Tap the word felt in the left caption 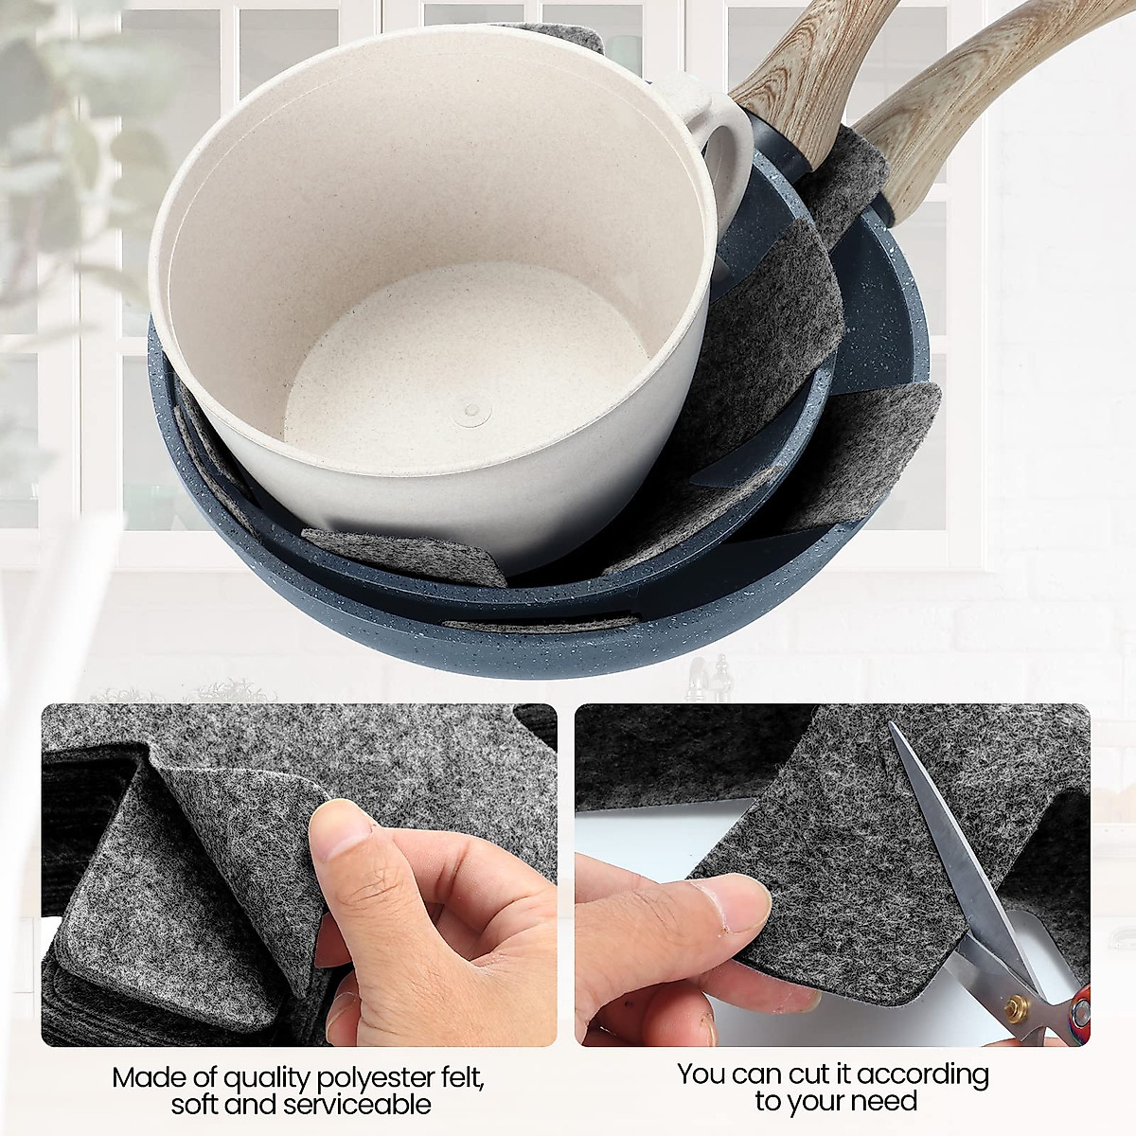(465, 1077)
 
